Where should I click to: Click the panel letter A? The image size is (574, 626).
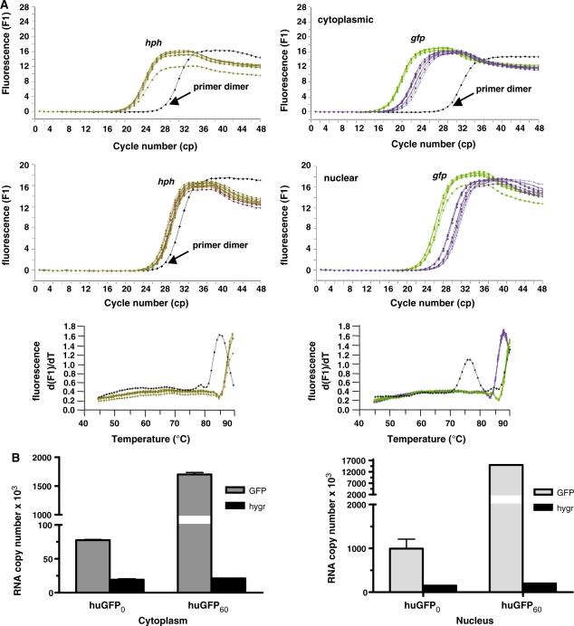point(6,5)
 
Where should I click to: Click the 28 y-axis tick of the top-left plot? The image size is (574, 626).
point(25,6)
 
